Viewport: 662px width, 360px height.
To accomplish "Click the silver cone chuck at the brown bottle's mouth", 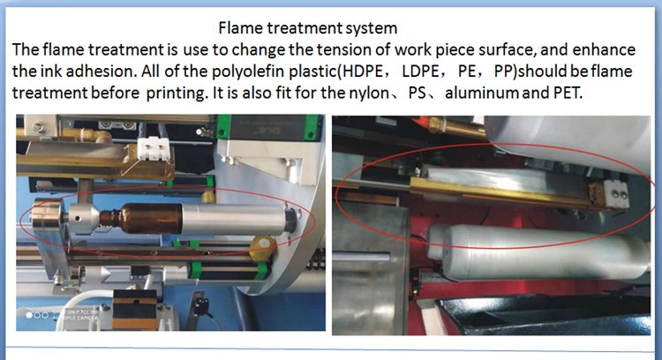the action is [x=87, y=216].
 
